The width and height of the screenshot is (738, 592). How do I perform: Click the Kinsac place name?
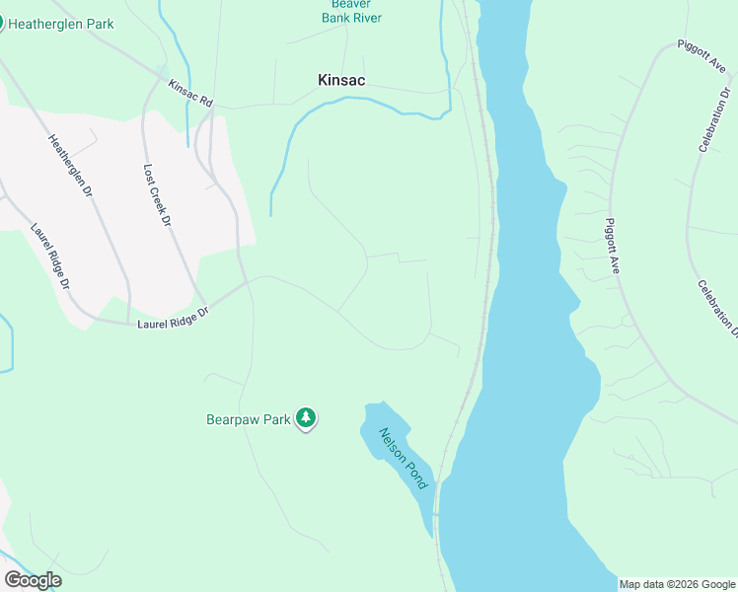pyautogui.click(x=341, y=80)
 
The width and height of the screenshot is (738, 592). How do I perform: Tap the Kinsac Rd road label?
pyautogui.click(x=190, y=95)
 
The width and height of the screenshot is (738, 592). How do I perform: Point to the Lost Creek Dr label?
pyautogui.click(x=157, y=195)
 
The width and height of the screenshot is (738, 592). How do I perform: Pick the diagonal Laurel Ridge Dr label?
pyautogui.click(x=50, y=255)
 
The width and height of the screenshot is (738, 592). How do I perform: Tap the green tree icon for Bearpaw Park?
pyautogui.click(x=307, y=418)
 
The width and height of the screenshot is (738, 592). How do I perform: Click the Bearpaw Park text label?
pyautogui.click(x=249, y=419)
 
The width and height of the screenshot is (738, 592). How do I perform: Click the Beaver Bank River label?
pyautogui.click(x=351, y=11)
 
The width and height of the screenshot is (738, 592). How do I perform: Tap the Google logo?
pyautogui.click(x=33, y=580)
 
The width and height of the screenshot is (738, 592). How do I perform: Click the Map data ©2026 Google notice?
pyautogui.click(x=677, y=584)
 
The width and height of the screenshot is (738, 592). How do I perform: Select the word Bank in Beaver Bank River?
pyautogui.click(x=340, y=18)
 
